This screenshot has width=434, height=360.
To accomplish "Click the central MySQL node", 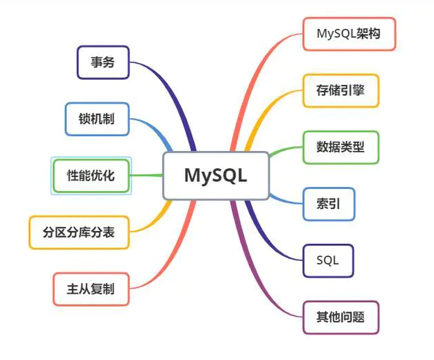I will [x=215, y=175].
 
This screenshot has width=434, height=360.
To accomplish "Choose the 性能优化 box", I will [x=91, y=175].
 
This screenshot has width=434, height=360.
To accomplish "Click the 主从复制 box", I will [x=91, y=289].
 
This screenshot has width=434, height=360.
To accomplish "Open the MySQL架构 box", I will [x=349, y=34].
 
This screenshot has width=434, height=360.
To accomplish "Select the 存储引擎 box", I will [x=340, y=91].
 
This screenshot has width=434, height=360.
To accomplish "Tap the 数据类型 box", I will [x=340, y=147].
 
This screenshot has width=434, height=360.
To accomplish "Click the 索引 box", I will [x=329, y=203].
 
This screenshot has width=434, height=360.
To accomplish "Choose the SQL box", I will [x=329, y=260].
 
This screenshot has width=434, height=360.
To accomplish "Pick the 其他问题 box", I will [x=340, y=317].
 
